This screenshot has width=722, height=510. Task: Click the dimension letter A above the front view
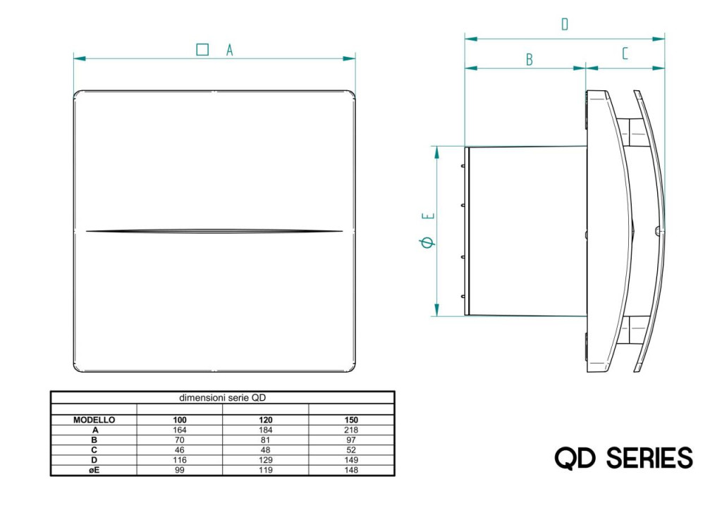[229, 50]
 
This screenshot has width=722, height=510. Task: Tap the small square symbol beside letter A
[202, 49]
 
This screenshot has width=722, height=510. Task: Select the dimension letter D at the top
[565, 24]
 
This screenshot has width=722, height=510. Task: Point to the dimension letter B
[530, 59]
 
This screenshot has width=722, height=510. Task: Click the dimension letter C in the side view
[625, 54]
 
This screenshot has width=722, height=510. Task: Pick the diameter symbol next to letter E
[427, 242]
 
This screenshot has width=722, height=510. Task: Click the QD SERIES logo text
[623, 458]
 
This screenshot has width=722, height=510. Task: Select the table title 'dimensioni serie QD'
[222, 398]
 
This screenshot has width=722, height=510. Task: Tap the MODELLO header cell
[94, 420]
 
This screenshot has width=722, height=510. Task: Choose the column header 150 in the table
[351, 420]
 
